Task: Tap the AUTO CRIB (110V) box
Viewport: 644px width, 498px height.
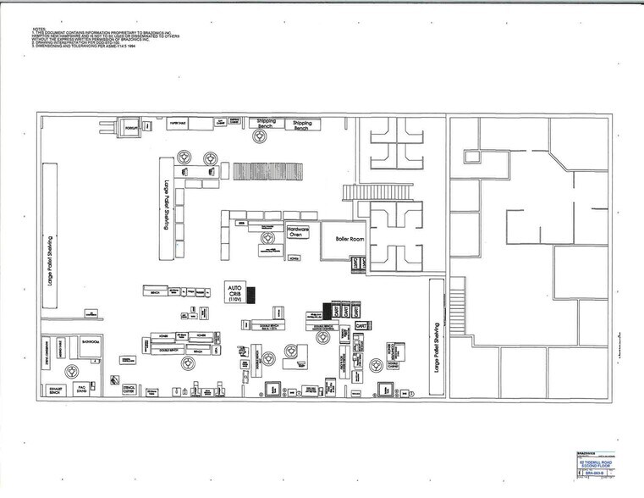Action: click(234, 293)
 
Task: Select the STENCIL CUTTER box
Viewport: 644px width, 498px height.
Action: click(129, 390)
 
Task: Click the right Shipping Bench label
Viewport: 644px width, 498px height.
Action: click(302, 125)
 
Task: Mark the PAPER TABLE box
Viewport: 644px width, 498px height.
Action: click(179, 123)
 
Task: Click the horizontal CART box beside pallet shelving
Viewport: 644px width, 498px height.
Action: click(361, 325)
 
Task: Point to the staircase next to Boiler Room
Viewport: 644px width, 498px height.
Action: click(358, 192)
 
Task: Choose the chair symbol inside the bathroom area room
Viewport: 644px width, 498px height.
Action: click(73, 370)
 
